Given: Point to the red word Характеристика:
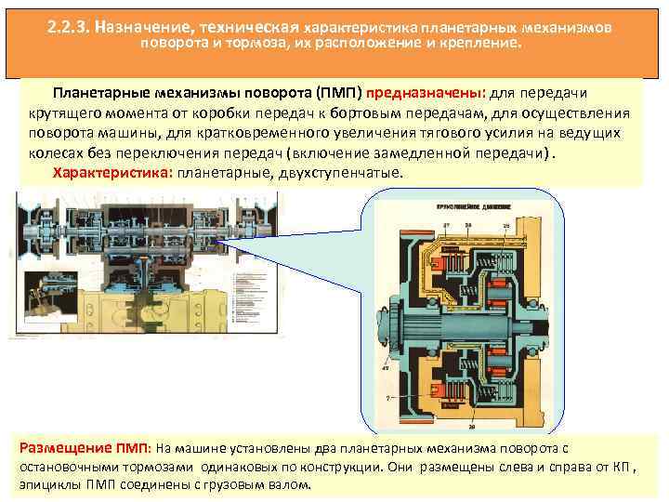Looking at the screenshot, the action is pos(112,173).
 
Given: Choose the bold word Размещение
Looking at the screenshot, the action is pos(61,446).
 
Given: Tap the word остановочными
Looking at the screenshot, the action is pos(70,467).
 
